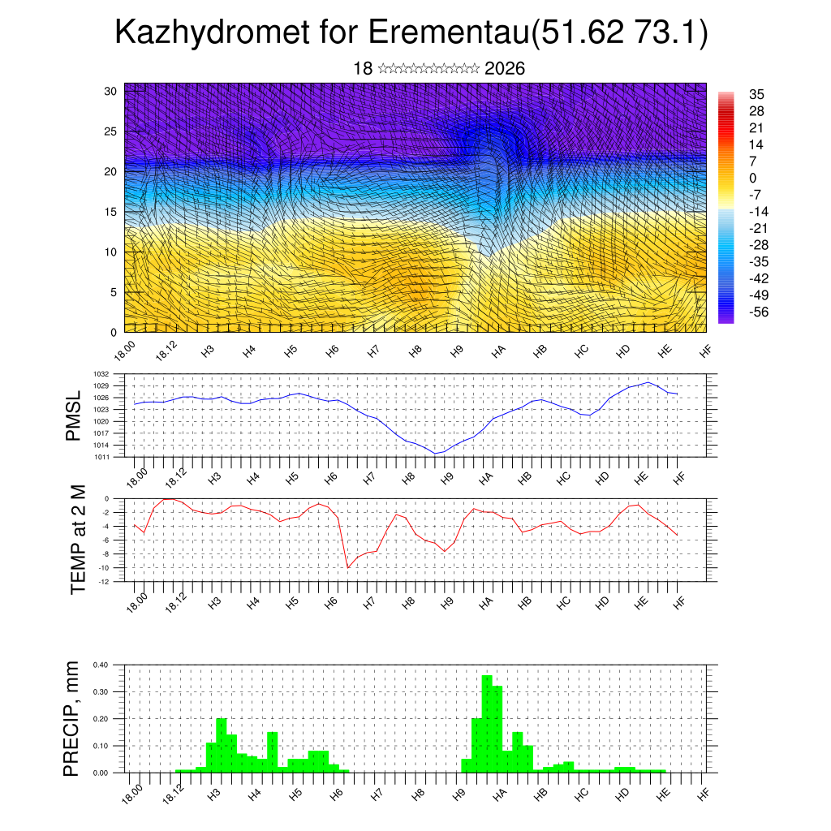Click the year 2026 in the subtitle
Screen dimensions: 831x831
pyautogui.click(x=504, y=68)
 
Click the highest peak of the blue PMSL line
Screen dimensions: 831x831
pyautogui.click(x=648, y=382)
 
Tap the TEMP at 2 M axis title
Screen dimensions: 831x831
pyautogui.click(x=78, y=540)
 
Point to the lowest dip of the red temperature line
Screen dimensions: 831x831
pyautogui.click(x=348, y=567)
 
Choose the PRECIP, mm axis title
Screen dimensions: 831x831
pyautogui.click(x=73, y=718)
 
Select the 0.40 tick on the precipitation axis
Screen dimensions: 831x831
pyautogui.click(x=100, y=665)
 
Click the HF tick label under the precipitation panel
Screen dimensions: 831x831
pyautogui.click(x=704, y=793)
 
